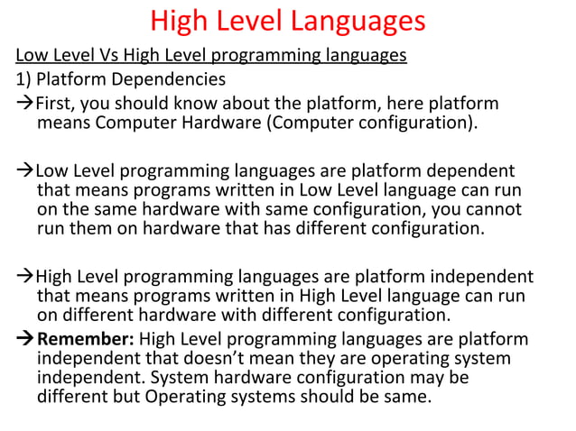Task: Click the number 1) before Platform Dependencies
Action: pyautogui.click(x=23, y=79)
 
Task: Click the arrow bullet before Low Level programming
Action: pyautogui.click(x=24, y=170)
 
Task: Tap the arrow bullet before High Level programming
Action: pyautogui.click(x=24, y=276)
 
